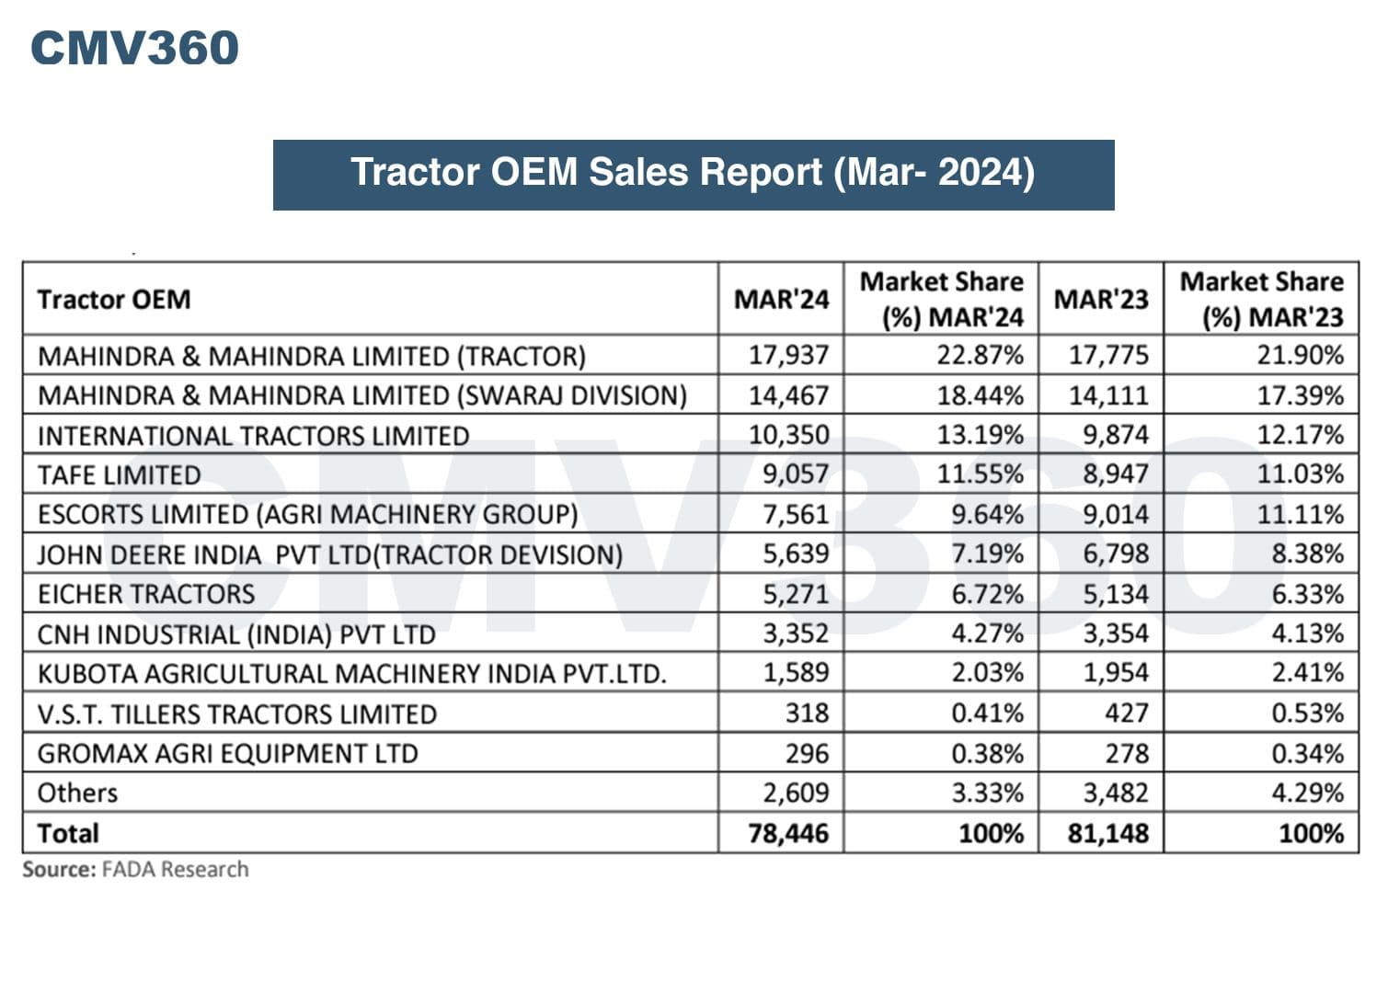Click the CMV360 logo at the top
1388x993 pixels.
(134, 48)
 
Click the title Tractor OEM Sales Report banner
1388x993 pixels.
(693, 174)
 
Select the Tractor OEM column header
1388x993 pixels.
(114, 300)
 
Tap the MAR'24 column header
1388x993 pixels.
(781, 300)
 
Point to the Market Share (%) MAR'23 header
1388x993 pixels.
(1261, 300)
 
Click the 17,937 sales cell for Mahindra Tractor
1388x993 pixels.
(788, 355)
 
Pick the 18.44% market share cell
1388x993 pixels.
(980, 395)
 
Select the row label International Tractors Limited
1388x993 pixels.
(253, 436)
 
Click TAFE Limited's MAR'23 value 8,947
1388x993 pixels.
(1115, 474)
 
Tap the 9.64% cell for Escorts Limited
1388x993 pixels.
(987, 514)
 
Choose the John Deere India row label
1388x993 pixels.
(329, 554)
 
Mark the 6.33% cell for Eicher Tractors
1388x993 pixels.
(1307, 594)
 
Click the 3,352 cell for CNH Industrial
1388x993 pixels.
(796, 633)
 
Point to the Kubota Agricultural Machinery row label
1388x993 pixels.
(351, 674)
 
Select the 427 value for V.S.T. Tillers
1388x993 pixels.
(1127, 713)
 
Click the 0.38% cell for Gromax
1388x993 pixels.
(987, 754)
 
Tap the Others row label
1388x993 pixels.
(78, 793)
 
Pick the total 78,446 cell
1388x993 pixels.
(788, 833)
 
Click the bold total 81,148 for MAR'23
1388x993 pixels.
(1107, 833)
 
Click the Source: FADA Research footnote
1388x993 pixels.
(135, 869)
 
